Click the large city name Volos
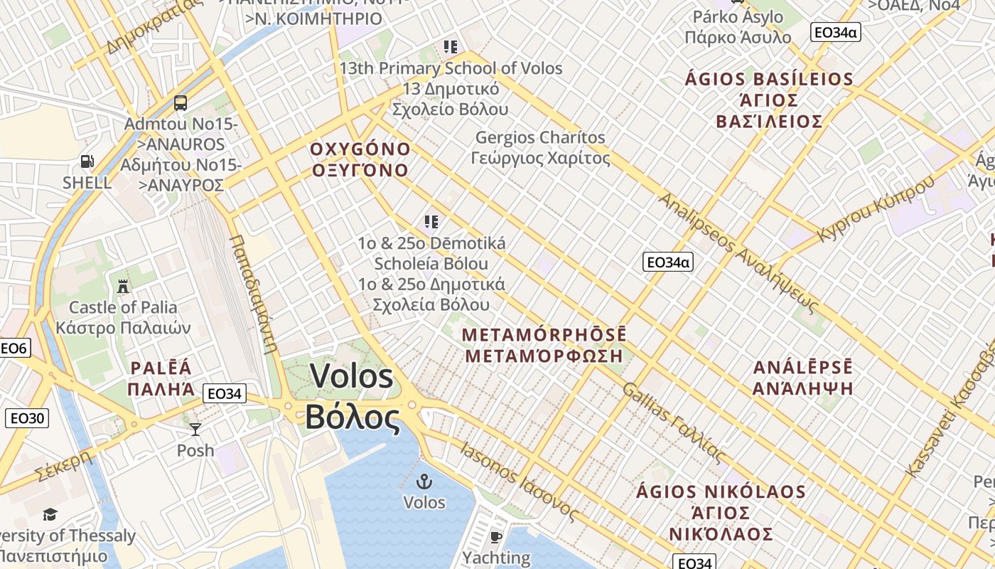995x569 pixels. (x=352, y=376)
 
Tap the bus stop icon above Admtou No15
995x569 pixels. (x=181, y=103)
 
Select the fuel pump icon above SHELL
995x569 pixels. (x=87, y=161)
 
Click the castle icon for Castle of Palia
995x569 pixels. (x=123, y=287)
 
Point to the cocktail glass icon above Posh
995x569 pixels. (x=195, y=429)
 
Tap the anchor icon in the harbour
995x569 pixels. (x=424, y=482)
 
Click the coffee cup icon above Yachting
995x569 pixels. (x=496, y=536)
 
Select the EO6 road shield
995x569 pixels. (x=14, y=348)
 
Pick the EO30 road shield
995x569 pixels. (x=27, y=418)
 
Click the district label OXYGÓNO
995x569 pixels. (x=360, y=150)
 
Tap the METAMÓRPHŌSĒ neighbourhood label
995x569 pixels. (x=544, y=334)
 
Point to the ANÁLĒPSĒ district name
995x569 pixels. (x=802, y=368)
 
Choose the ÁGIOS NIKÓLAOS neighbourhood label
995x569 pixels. (x=721, y=492)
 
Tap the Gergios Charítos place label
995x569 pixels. (x=540, y=137)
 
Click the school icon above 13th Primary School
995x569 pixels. (x=450, y=48)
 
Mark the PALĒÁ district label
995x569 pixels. (x=161, y=368)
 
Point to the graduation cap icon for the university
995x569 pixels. (x=50, y=514)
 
